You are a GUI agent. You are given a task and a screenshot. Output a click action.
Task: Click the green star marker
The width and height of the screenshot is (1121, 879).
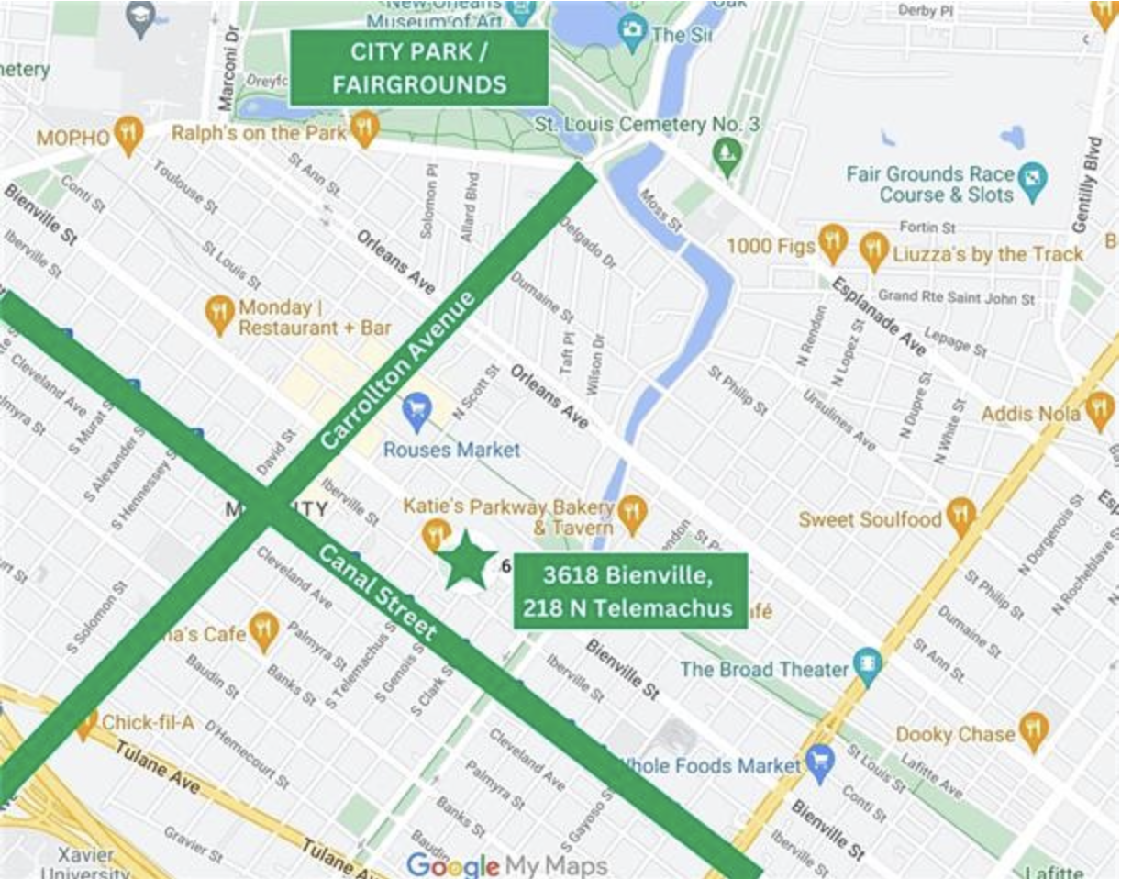tap(464, 562)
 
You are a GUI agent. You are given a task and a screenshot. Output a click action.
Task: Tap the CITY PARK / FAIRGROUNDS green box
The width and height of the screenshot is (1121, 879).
tap(419, 68)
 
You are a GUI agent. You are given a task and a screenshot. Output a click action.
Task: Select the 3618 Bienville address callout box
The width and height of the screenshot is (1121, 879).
tap(629, 591)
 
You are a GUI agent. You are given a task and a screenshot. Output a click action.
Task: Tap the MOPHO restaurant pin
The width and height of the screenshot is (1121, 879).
tap(128, 135)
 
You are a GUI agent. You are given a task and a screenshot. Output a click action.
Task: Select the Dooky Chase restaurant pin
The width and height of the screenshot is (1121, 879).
tap(1034, 730)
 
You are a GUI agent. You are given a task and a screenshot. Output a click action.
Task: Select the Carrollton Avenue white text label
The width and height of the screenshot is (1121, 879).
tap(397, 371)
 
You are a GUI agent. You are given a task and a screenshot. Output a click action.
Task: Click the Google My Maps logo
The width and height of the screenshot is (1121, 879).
tap(506, 865)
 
